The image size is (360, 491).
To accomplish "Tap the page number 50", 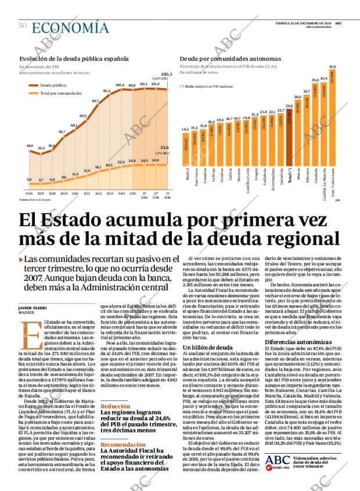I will tap(23, 26).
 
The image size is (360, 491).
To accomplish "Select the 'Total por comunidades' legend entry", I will tap(60, 93).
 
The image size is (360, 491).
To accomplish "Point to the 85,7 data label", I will tap(95, 101).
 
